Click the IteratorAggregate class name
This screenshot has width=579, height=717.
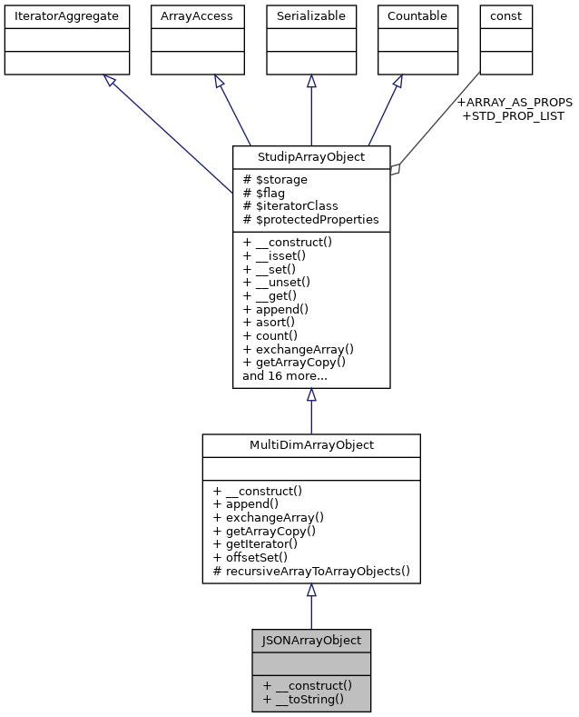coord(67,15)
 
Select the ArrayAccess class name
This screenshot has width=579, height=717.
coord(197,15)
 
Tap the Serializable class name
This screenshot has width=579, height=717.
coord(311,15)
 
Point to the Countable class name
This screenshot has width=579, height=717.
coord(417,15)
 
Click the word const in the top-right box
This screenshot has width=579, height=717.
coord(505,15)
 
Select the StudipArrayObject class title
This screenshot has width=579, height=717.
coord(311,157)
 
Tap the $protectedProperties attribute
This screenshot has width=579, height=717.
coord(310,220)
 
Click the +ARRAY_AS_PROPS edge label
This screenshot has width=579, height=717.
coord(514,102)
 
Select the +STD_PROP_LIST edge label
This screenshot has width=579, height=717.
coord(513,115)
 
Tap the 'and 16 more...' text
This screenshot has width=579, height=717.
coord(284,374)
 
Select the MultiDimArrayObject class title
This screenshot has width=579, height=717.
coord(311,445)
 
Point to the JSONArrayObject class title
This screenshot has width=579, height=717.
coord(311,640)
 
